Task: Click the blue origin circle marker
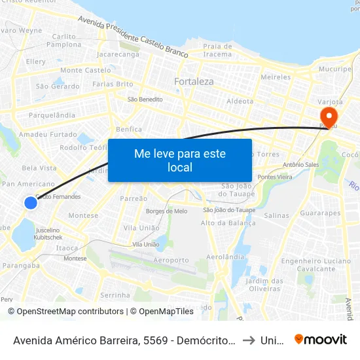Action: [31, 203]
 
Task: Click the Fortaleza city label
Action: [194, 82]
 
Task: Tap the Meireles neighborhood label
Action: [275, 77]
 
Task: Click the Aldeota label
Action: [240, 101]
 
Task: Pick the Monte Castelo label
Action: [85, 70]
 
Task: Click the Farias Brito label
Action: [113, 84]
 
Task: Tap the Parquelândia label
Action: [52, 115]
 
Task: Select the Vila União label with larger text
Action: [141, 228]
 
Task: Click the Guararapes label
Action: [320, 213]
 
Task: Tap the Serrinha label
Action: [115, 295]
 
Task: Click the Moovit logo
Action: [320, 339]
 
